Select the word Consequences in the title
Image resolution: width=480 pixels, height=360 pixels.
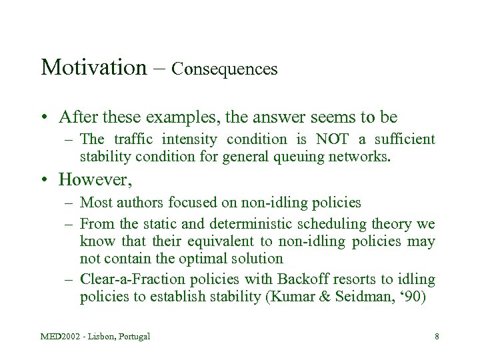pos(225,69)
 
